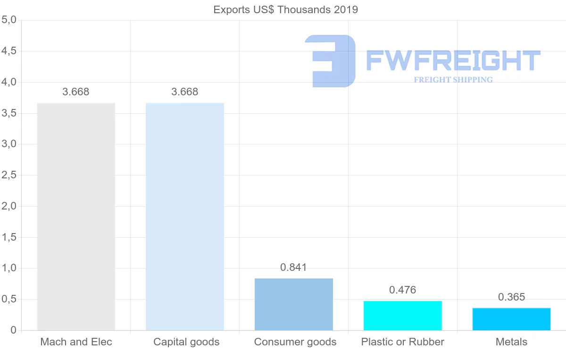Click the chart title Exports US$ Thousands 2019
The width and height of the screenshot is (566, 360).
[x=285, y=9]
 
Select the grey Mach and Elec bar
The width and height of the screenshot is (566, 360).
[x=76, y=217]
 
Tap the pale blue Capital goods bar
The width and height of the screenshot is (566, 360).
[x=185, y=217]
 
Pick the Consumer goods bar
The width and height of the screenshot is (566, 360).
[x=294, y=304]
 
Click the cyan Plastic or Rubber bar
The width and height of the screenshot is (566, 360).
[x=403, y=316]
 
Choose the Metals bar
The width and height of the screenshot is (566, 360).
[x=512, y=319]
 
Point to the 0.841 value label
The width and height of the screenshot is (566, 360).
[x=293, y=268]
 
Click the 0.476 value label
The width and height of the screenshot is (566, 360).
[x=402, y=290]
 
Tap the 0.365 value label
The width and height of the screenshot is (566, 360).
[x=511, y=297]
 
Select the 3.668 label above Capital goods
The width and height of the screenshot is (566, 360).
[x=185, y=92]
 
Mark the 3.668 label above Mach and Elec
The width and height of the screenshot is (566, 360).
[x=76, y=92]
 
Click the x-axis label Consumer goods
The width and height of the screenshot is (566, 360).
[x=295, y=342]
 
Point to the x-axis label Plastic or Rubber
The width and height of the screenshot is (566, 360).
[x=403, y=342]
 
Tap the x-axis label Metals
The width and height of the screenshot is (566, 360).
[x=511, y=342]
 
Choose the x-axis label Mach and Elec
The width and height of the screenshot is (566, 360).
[x=76, y=342]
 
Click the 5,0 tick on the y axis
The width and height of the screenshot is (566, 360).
[x=9, y=20]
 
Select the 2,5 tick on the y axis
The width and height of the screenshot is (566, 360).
[x=9, y=176]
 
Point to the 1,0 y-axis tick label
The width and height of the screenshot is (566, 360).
[x=9, y=268]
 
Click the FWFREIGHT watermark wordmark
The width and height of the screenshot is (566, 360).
[x=453, y=60]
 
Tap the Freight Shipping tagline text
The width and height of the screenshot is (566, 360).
[x=453, y=80]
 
